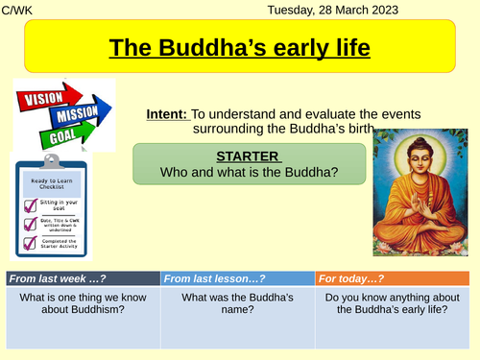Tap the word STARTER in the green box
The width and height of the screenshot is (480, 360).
tap(249, 157)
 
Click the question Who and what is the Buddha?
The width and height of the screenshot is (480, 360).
tap(249, 174)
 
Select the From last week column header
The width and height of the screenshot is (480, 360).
tap(82, 278)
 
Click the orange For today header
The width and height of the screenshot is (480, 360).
tap(394, 278)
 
